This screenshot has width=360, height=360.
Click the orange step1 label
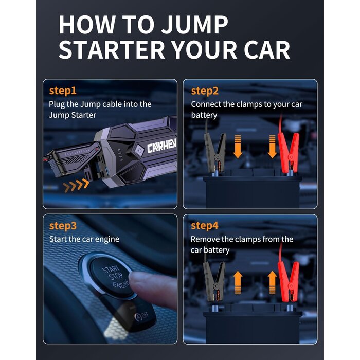[x=63, y=91]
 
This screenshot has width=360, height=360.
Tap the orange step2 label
[x=205, y=91]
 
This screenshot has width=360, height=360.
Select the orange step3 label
[x=63, y=226]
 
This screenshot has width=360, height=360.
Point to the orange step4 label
[x=204, y=226]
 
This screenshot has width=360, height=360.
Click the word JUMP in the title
[x=194, y=24]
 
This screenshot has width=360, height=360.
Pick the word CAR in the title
[x=267, y=50]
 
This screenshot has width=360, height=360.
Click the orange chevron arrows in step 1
[x=76, y=186]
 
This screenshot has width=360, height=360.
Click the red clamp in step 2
[x=289, y=153]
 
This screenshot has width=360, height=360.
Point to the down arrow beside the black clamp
[x=238, y=147]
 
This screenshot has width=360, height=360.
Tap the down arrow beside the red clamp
[x=272, y=147]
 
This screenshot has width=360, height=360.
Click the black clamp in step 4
[x=214, y=282]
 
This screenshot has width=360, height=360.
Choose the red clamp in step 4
[x=289, y=282]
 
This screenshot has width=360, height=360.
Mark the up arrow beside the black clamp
[x=238, y=282]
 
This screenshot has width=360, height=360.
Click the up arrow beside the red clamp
[x=272, y=282]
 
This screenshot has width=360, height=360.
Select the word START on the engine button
[x=111, y=269]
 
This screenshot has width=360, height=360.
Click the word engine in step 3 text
[x=107, y=240]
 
